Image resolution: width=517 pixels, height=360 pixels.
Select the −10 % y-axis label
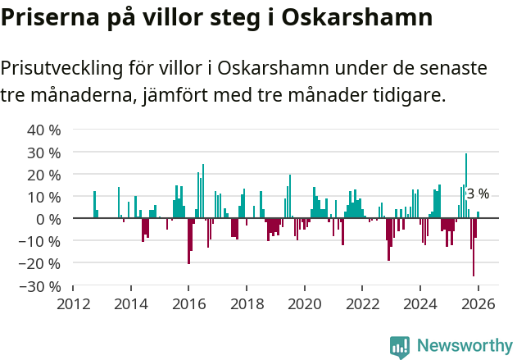[40, 242]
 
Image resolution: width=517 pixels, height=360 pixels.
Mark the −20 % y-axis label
[40, 264]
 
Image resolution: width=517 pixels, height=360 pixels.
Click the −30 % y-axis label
[40, 286]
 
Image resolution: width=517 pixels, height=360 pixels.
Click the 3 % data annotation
[478, 194]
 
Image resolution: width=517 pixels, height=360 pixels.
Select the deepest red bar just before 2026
[473, 247]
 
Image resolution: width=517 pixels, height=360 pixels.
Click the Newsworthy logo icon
[400, 347]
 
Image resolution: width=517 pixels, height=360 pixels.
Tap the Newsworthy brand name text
[465, 346]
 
